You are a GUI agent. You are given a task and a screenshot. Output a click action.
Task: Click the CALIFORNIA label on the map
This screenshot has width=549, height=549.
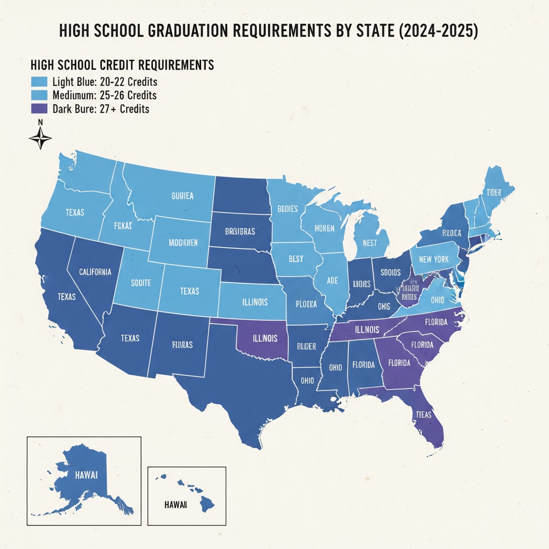click(95, 272)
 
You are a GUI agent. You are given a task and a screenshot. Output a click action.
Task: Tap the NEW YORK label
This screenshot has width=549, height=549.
click(434, 259)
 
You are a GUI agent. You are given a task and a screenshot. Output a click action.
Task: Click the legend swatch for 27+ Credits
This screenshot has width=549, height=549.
click(39, 109)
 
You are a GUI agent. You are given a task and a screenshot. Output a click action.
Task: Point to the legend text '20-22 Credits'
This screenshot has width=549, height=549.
click(105, 83)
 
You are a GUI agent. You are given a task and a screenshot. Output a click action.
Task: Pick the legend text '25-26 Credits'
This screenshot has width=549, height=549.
click(105, 95)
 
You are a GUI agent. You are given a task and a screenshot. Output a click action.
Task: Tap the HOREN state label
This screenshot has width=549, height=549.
click(324, 228)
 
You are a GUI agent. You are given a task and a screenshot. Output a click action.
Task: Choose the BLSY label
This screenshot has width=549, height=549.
click(295, 259)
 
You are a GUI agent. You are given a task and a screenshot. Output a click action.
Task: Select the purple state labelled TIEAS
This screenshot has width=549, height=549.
click(424, 414)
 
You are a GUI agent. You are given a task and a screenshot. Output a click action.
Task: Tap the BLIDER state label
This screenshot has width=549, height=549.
click(303, 346)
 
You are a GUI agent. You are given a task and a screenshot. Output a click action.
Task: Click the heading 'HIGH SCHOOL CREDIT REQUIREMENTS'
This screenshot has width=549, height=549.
click(122, 65)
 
